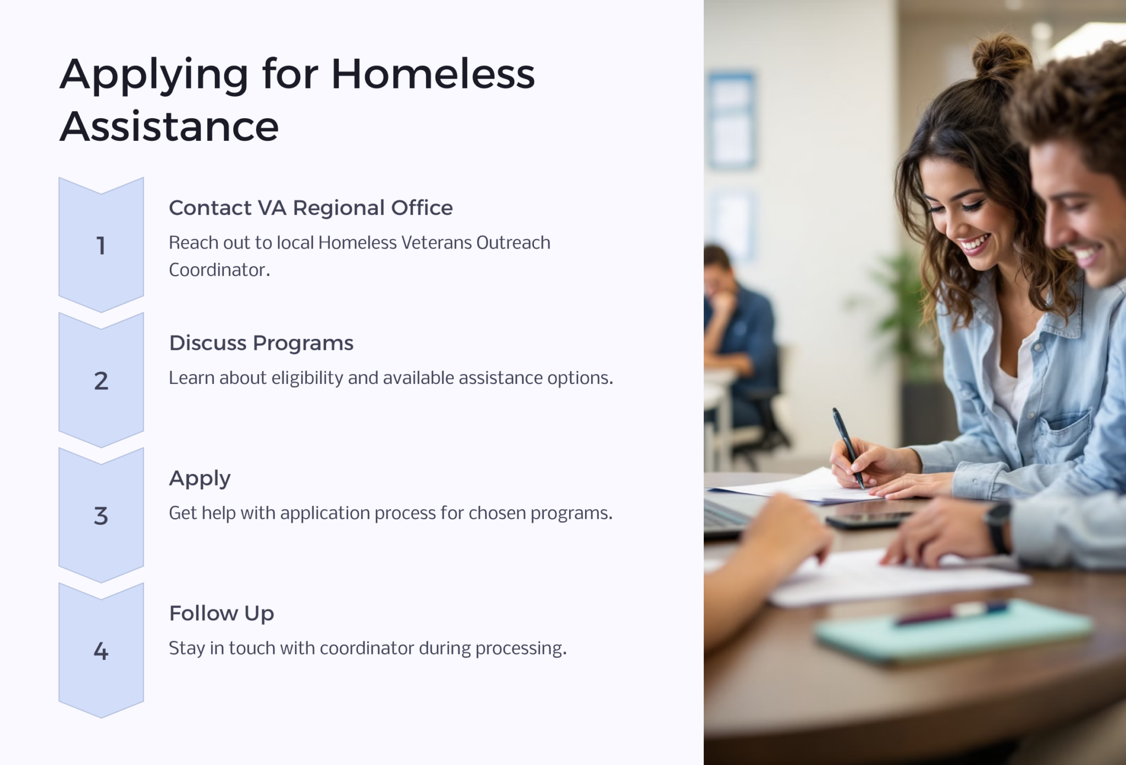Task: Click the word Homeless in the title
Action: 433,74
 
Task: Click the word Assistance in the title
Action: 169,126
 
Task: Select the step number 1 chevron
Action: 101,245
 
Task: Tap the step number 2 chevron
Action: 101,381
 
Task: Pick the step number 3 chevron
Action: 101,516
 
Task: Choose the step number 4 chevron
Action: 101,651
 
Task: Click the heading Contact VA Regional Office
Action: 311,208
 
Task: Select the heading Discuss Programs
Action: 261,343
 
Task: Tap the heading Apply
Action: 200,478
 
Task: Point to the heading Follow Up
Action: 222,613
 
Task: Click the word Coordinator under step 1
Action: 219,270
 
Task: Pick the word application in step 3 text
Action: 325,513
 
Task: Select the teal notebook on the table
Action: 954,632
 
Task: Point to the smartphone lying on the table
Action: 869,519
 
